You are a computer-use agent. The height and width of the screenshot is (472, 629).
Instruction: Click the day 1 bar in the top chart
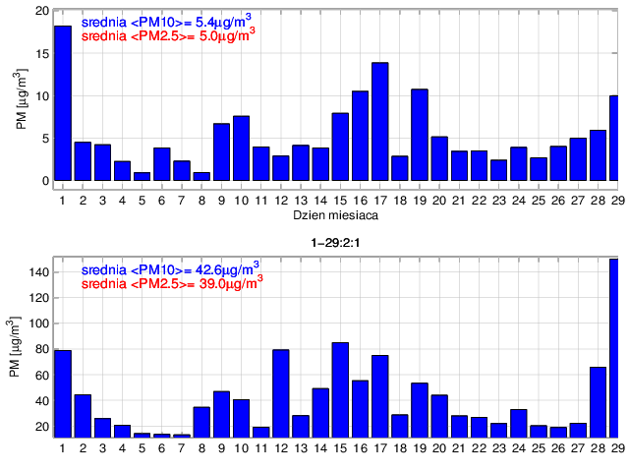click(x=62, y=103)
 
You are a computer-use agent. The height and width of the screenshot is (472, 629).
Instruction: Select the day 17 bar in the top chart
click(x=380, y=122)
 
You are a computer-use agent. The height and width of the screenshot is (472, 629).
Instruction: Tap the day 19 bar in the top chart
click(x=420, y=135)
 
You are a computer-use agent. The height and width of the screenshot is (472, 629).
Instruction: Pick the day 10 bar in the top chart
click(x=242, y=148)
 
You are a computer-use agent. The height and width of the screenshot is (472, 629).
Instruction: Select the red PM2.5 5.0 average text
click(x=167, y=31)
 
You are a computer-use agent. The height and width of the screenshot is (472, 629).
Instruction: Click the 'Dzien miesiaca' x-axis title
click(x=336, y=214)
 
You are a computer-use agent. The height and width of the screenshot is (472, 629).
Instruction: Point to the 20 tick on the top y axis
click(x=41, y=12)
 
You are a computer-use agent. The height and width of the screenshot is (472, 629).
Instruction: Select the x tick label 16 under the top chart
click(x=361, y=201)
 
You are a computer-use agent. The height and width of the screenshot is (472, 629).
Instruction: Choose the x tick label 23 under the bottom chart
click(x=499, y=449)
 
